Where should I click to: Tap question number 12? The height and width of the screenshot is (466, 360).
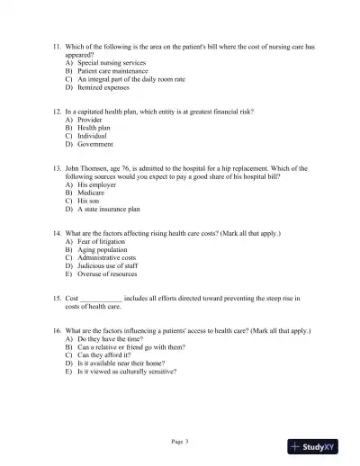click(x=58, y=110)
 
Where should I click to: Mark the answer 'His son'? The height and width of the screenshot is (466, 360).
click(x=91, y=201)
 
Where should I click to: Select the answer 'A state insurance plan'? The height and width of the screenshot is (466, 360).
click(x=109, y=210)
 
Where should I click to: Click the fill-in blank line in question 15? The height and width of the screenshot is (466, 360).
click(x=102, y=298)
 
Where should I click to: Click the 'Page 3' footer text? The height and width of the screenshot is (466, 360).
click(x=180, y=441)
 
